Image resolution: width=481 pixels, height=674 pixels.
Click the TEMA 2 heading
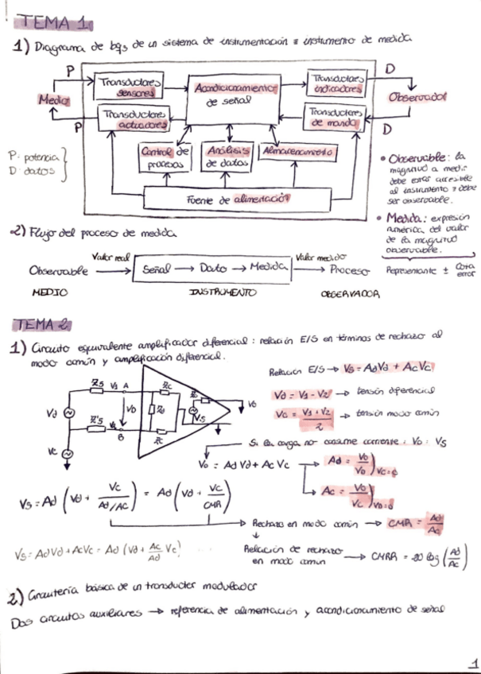44,324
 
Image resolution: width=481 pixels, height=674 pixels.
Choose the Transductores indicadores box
336,83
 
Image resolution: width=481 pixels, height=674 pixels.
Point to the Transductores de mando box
336,118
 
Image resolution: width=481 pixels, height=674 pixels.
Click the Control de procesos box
165,157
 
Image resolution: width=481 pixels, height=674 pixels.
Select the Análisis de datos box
227,157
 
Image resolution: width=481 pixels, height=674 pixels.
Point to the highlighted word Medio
53,100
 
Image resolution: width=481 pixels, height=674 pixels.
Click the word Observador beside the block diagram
417,97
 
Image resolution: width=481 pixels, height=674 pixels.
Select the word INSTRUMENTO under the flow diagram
223,292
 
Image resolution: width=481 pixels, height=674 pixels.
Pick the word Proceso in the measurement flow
350,269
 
